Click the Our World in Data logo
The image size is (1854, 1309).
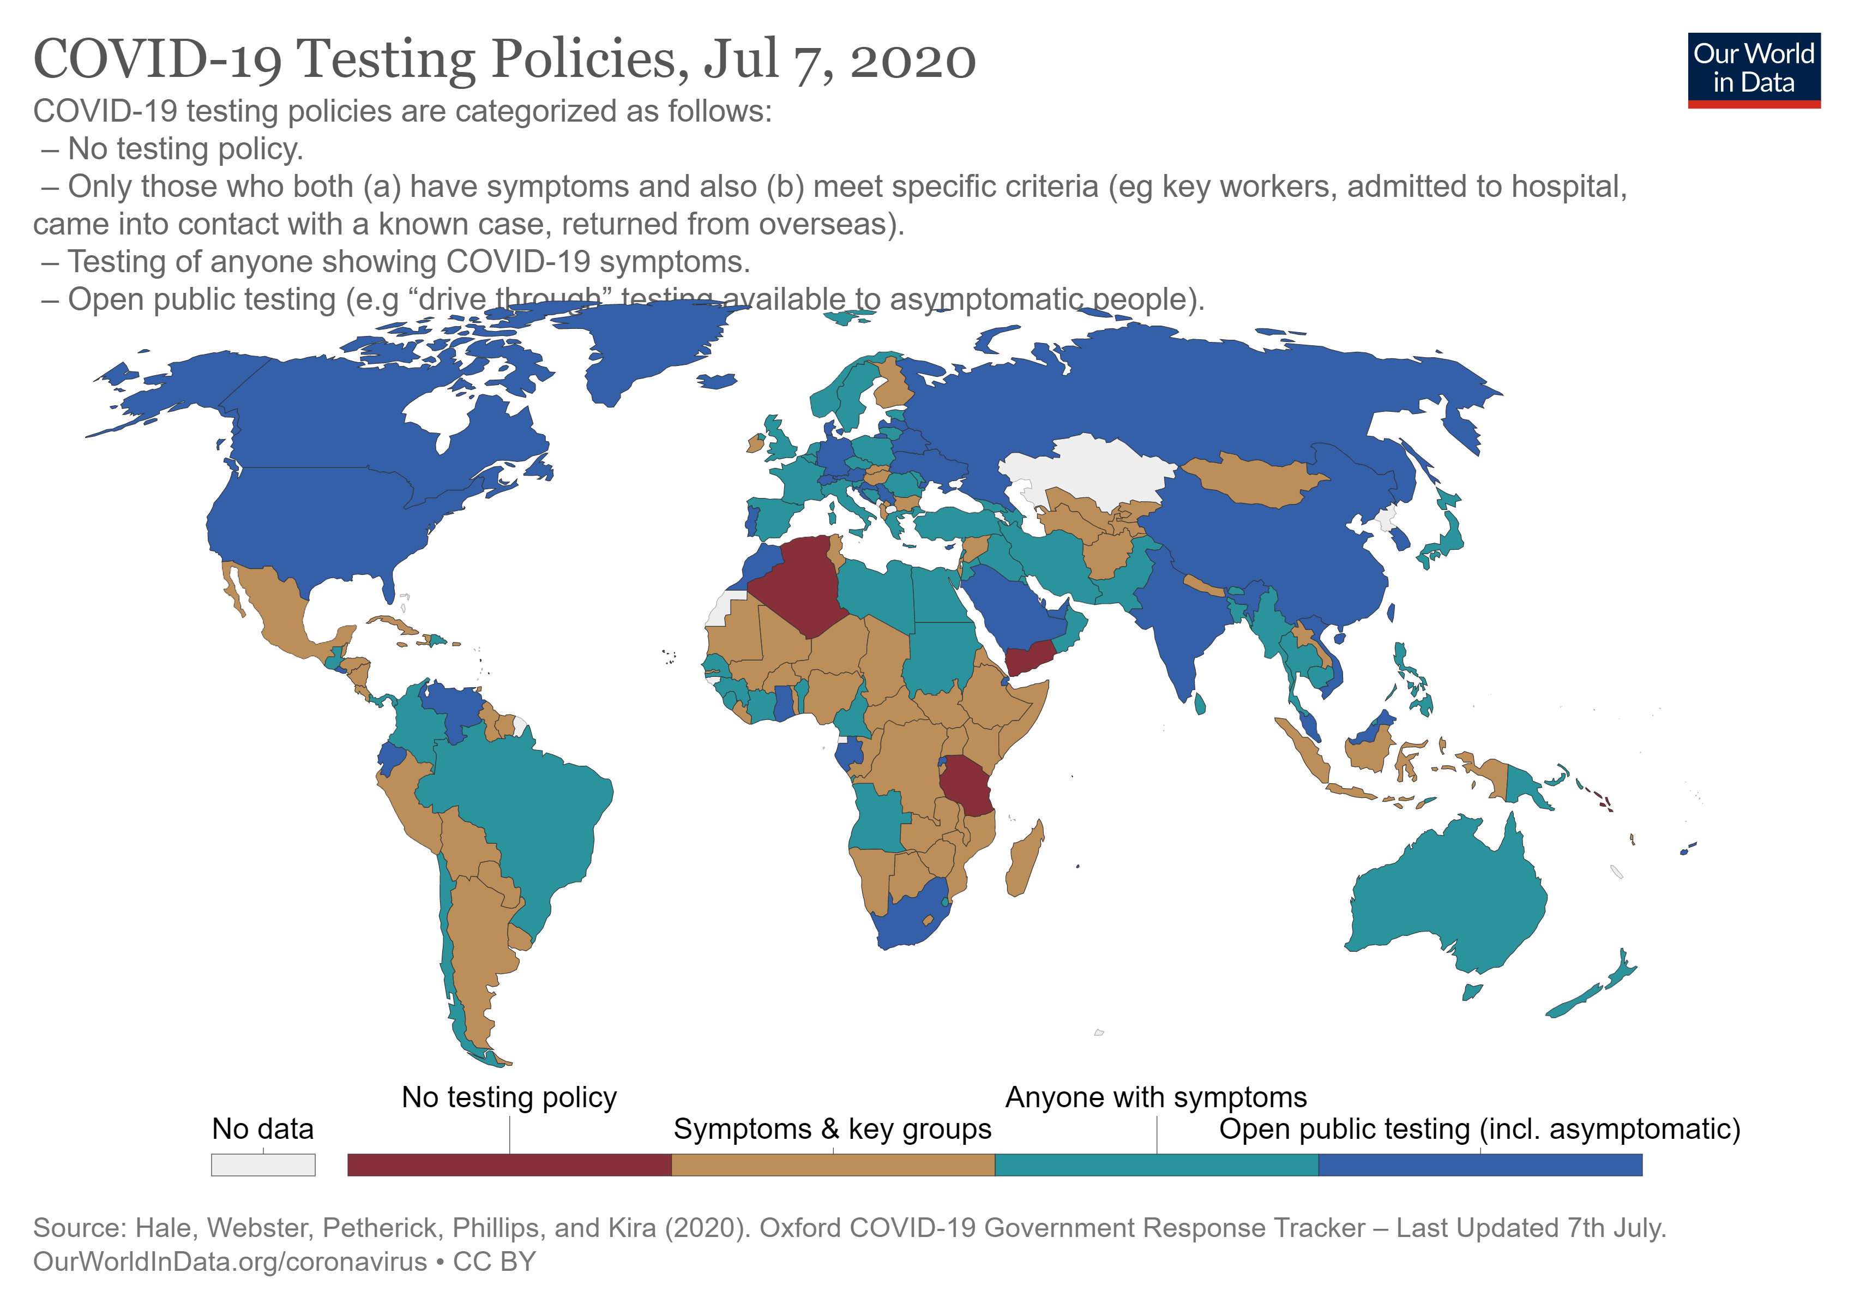coord(1753,69)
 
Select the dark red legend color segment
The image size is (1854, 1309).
coord(509,1164)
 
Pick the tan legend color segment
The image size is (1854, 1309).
coord(833,1164)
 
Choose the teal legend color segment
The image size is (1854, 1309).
coord(1157,1164)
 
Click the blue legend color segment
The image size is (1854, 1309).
coord(1479,1164)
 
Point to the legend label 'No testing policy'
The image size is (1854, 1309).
coord(509,1097)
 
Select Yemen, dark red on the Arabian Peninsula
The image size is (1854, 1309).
coord(1030,658)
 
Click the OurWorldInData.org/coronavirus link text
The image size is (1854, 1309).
coord(230,1262)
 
